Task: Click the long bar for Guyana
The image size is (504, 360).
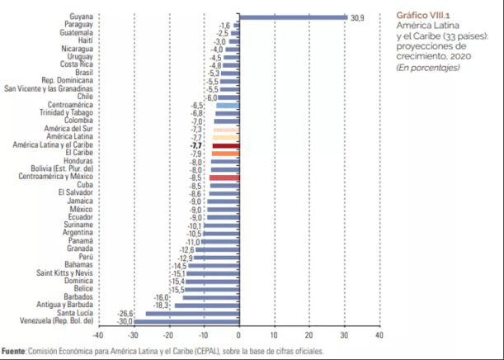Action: click(x=293, y=17)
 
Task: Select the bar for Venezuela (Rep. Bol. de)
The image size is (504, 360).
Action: click(x=186, y=321)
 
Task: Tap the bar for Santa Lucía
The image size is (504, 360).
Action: click(x=191, y=313)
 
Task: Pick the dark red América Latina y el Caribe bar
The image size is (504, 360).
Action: click(x=225, y=145)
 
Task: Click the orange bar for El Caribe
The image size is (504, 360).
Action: click(x=225, y=154)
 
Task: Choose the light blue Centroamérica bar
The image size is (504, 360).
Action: click(x=227, y=106)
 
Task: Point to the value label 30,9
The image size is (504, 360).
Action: click(x=357, y=17)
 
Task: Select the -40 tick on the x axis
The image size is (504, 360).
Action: click(x=98, y=335)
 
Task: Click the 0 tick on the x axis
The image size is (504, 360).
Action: click(x=238, y=335)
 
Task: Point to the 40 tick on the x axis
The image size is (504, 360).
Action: click(x=379, y=335)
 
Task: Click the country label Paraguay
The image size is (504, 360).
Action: click(x=77, y=25)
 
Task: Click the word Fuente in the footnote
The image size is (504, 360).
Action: click(x=13, y=351)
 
